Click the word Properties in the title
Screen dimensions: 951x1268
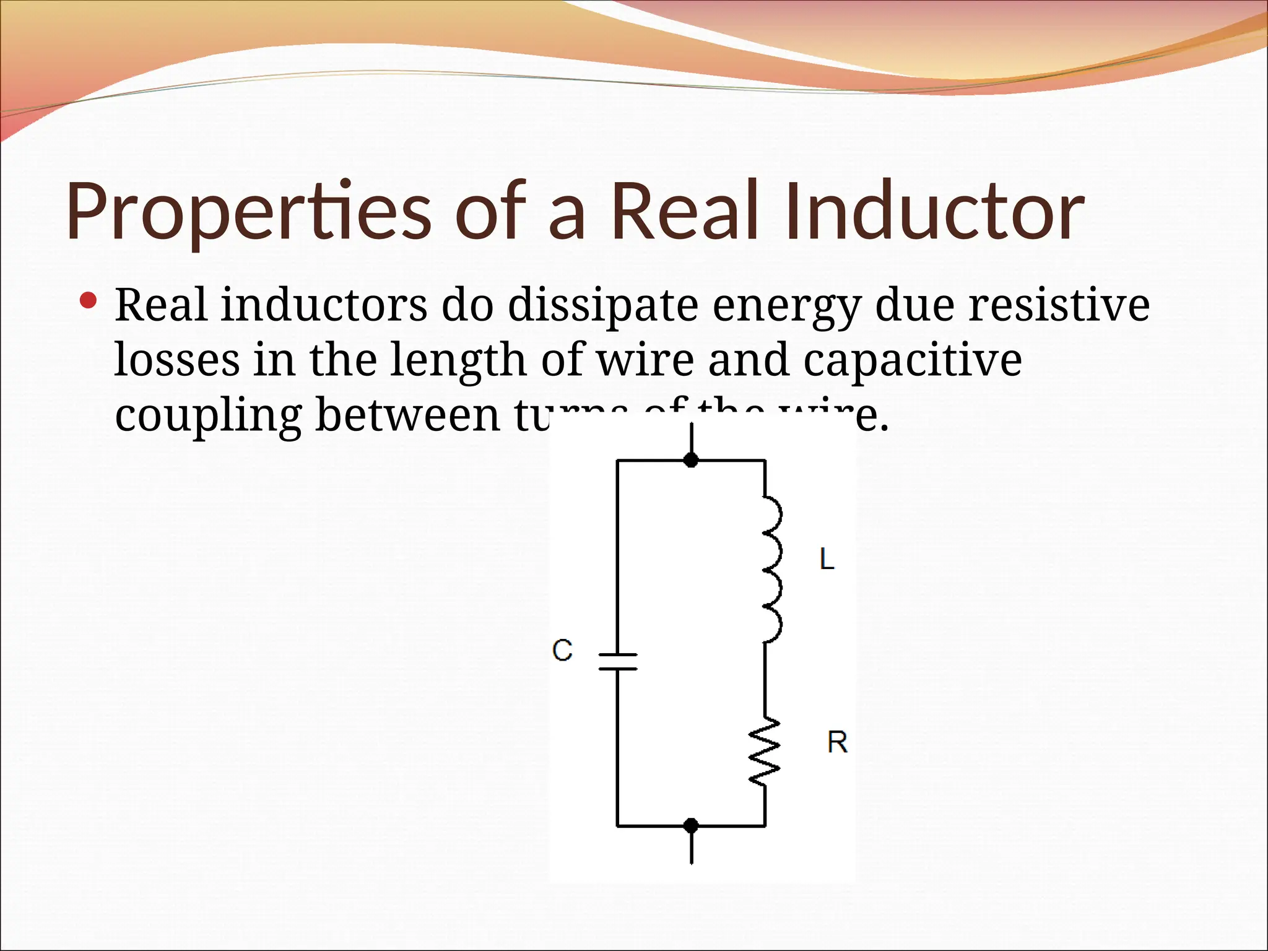coord(248,212)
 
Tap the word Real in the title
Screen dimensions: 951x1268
coord(685,212)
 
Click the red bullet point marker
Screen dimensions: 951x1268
coord(89,302)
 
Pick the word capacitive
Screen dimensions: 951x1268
coord(913,360)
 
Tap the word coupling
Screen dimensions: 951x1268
coord(208,416)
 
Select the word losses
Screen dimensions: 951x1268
coord(177,360)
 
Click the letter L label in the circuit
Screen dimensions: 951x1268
coord(827,560)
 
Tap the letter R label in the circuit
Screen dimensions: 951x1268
coord(837,742)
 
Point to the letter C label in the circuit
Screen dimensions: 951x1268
coord(562,651)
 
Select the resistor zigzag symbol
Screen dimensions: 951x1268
coord(765,752)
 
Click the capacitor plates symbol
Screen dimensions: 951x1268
coord(617,661)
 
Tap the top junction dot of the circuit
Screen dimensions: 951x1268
coord(691,460)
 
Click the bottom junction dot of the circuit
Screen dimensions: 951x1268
coord(691,825)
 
